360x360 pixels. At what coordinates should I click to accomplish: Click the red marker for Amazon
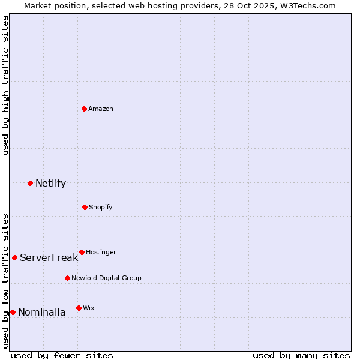(x=85, y=109)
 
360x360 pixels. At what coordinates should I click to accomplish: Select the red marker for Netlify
(x=31, y=183)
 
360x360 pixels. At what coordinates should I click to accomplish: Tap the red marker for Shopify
(x=85, y=207)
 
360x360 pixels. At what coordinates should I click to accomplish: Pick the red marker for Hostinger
(x=82, y=252)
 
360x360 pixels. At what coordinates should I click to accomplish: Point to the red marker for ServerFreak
(x=15, y=257)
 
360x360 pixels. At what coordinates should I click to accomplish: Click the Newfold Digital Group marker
(x=67, y=278)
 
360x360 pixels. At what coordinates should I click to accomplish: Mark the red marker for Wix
(x=79, y=308)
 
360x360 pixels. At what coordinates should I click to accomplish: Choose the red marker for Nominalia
(x=13, y=312)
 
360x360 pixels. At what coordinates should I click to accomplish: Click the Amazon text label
(x=101, y=109)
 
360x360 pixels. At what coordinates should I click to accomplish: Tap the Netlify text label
(x=50, y=183)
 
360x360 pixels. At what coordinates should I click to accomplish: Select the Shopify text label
(x=101, y=207)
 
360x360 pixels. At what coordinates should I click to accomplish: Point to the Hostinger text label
(x=101, y=252)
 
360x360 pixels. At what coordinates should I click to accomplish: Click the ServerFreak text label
(x=49, y=257)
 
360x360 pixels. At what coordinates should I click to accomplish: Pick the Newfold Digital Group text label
(x=106, y=278)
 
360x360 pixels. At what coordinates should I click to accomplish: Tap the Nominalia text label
(x=41, y=312)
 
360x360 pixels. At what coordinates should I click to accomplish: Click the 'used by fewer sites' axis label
(x=62, y=355)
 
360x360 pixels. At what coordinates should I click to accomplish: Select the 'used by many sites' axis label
(x=301, y=355)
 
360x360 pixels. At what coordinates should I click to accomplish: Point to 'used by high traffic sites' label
(x=6, y=85)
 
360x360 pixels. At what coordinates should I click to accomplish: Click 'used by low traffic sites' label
(x=6, y=281)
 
